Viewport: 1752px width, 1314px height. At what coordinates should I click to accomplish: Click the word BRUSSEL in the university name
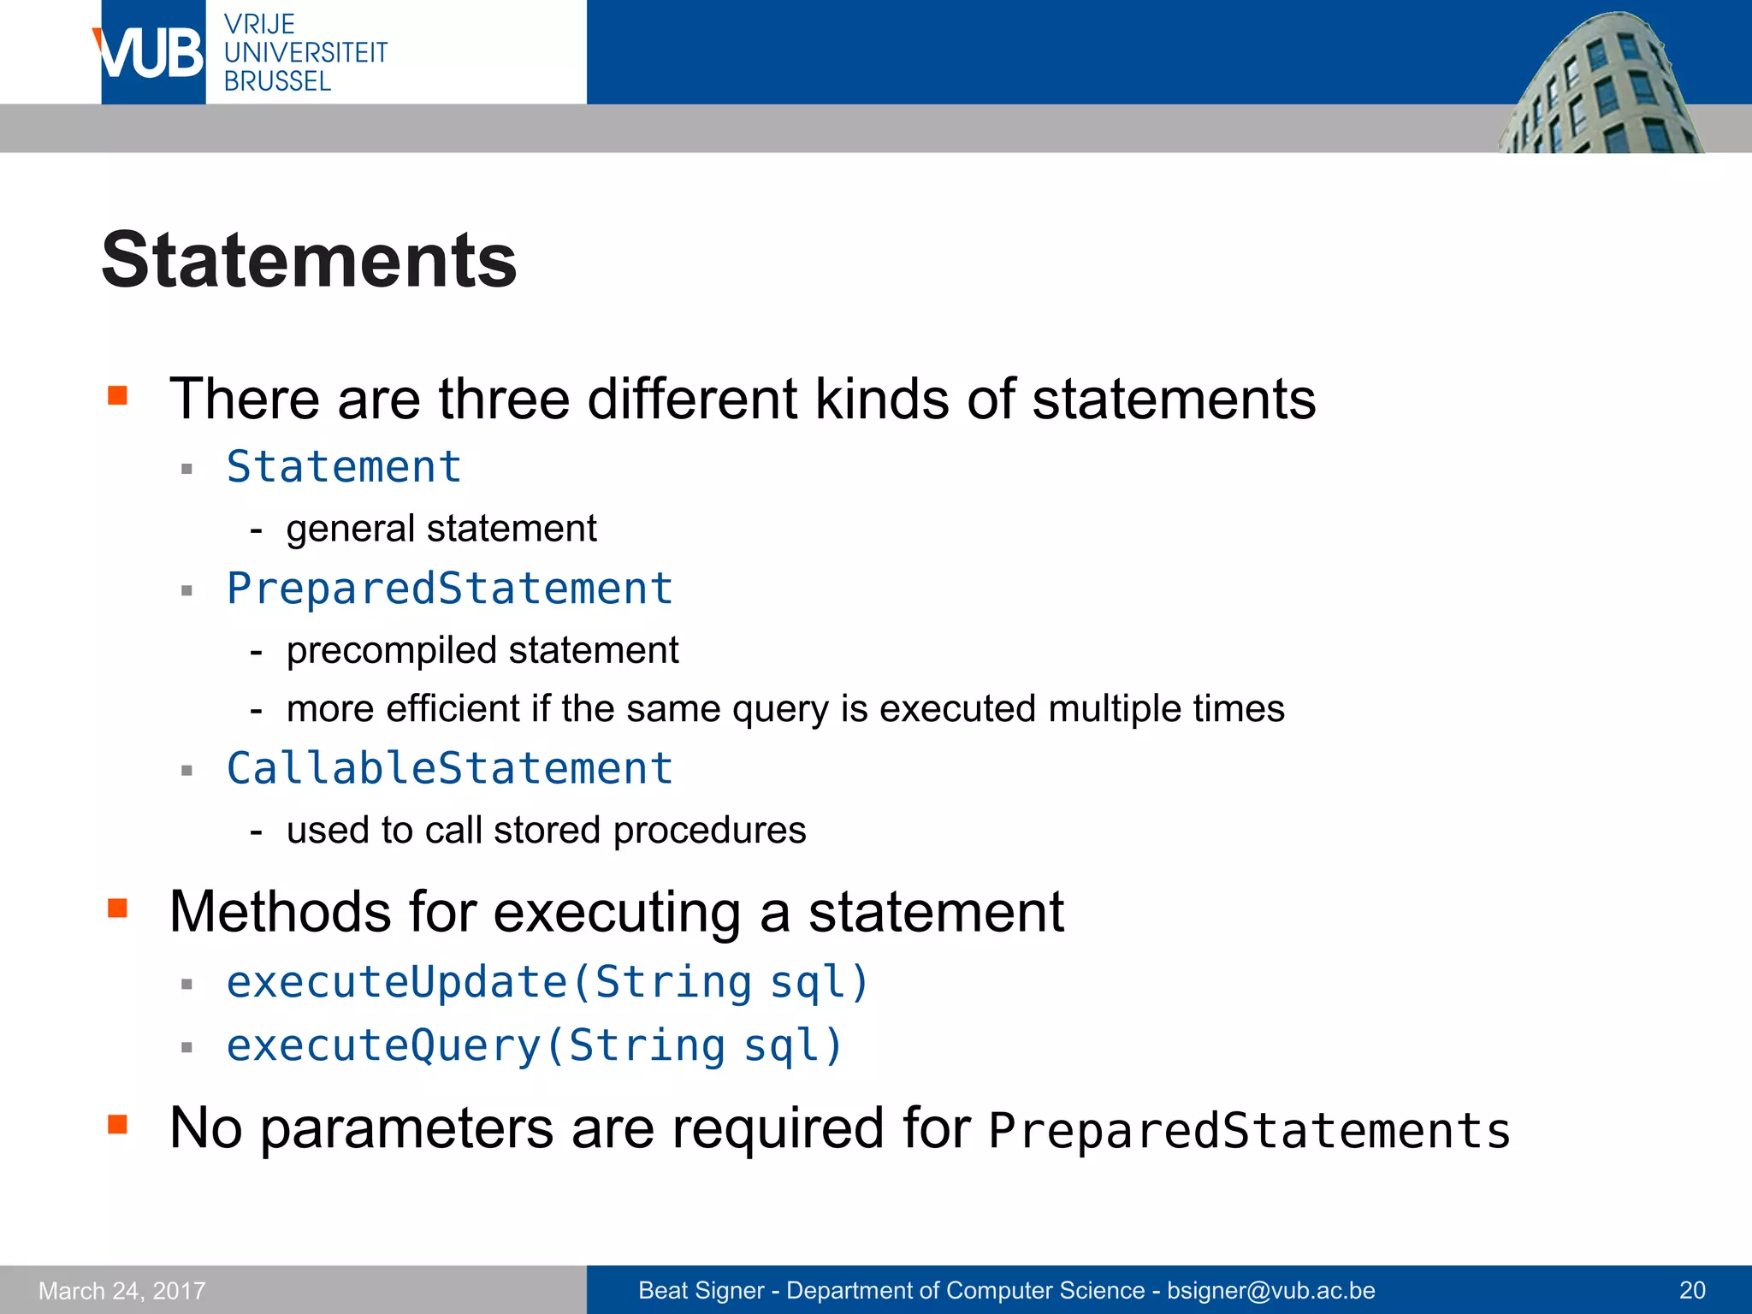click(x=277, y=81)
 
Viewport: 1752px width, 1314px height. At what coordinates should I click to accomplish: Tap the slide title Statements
click(x=309, y=260)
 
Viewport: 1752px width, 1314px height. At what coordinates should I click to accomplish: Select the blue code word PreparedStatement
click(x=450, y=589)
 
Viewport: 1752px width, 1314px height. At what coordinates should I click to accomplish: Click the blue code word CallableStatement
click(x=450, y=768)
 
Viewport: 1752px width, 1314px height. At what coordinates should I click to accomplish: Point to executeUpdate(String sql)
click(x=547, y=982)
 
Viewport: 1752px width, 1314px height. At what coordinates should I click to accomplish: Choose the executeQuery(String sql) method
click(x=535, y=1045)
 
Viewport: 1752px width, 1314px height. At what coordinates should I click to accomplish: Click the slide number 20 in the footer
click(x=1692, y=1290)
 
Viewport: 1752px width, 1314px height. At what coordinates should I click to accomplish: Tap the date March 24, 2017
click(x=122, y=1290)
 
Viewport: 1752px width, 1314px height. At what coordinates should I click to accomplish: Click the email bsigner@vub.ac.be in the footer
click(x=1270, y=1290)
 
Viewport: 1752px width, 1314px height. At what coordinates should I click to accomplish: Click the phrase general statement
click(x=441, y=529)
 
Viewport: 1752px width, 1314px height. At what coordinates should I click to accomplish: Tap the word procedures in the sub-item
click(x=709, y=831)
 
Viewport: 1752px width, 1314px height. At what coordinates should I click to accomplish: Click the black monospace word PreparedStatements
click(x=1249, y=1131)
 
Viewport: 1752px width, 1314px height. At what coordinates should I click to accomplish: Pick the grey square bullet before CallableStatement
click(x=187, y=771)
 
